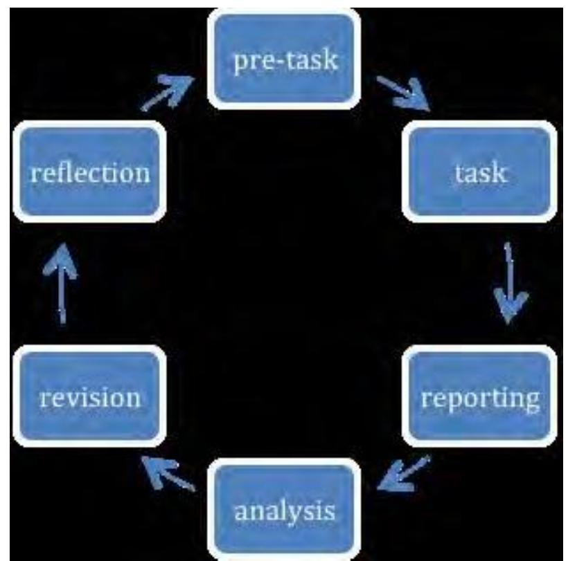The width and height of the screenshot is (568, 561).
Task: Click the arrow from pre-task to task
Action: click(x=403, y=93)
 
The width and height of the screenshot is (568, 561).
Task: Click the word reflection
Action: click(x=90, y=172)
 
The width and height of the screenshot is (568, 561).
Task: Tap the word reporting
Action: click(x=480, y=400)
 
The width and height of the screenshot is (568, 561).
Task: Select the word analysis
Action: click(x=285, y=512)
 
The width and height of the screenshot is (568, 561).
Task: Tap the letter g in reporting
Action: click(x=530, y=403)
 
